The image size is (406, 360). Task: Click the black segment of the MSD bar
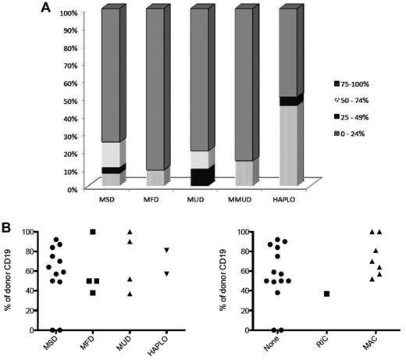[x=111, y=170]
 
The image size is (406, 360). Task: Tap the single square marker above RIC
[x=304, y=294]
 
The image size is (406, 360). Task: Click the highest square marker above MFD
[x=94, y=232]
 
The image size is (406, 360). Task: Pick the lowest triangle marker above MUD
[x=130, y=294]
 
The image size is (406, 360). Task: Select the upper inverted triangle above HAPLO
[x=166, y=250]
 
